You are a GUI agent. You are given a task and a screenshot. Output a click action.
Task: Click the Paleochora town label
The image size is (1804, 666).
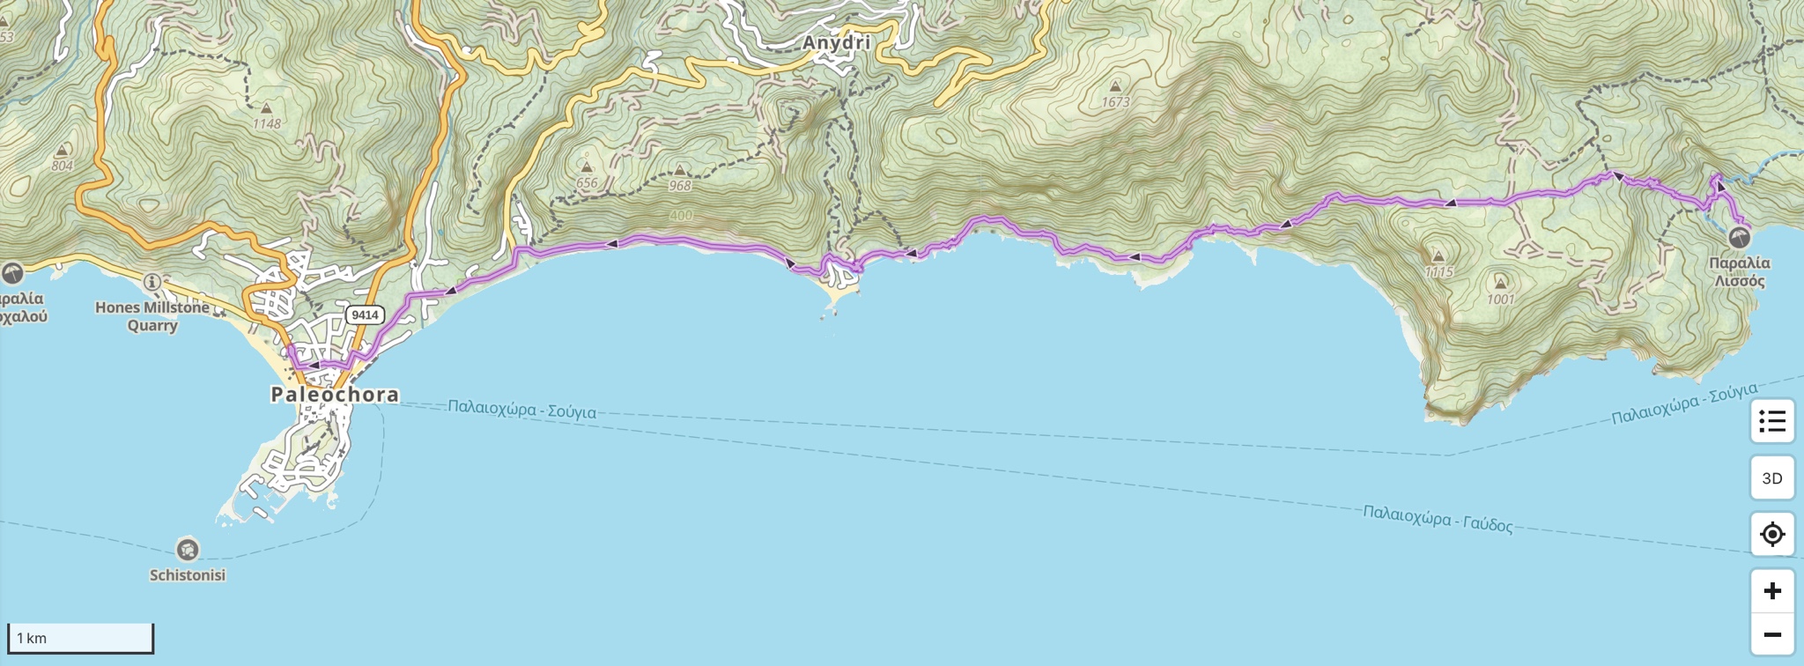(335, 395)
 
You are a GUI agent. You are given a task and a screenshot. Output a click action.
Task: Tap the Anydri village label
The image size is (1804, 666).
(836, 42)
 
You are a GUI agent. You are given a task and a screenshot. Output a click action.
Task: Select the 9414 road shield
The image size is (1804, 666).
(364, 314)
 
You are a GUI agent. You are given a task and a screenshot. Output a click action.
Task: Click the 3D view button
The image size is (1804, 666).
(1771, 478)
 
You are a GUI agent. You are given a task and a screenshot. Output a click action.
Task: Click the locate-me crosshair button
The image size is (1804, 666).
(1771, 534)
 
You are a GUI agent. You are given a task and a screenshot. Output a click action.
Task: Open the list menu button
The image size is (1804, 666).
(1771, 422)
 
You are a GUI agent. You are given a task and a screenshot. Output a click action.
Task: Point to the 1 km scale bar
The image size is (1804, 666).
(80, 638)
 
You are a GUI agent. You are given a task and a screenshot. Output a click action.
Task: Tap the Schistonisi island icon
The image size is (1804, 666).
(187, 550)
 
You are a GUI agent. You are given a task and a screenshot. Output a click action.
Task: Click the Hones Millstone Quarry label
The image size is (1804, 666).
(152, 316)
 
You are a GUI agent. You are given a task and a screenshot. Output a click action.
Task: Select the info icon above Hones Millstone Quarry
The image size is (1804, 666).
(152, 282)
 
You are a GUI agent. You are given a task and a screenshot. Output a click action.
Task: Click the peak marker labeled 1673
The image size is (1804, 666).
(1115, 86)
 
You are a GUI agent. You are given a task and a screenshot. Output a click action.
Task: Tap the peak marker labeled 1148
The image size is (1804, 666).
(266, 108)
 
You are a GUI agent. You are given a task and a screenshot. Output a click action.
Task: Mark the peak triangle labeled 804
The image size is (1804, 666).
(62, 151)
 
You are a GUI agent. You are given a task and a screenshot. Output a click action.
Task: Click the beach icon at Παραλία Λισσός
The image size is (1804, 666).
(1739, 237)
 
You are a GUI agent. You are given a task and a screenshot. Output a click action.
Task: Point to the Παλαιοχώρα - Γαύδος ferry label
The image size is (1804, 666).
(1438, 519)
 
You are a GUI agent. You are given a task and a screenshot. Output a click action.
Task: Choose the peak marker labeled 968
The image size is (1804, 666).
(679, 170)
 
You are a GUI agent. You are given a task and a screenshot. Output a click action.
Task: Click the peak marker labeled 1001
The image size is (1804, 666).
(1500, 283)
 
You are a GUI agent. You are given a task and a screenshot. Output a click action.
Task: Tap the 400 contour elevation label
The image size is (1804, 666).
(681, 216)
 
